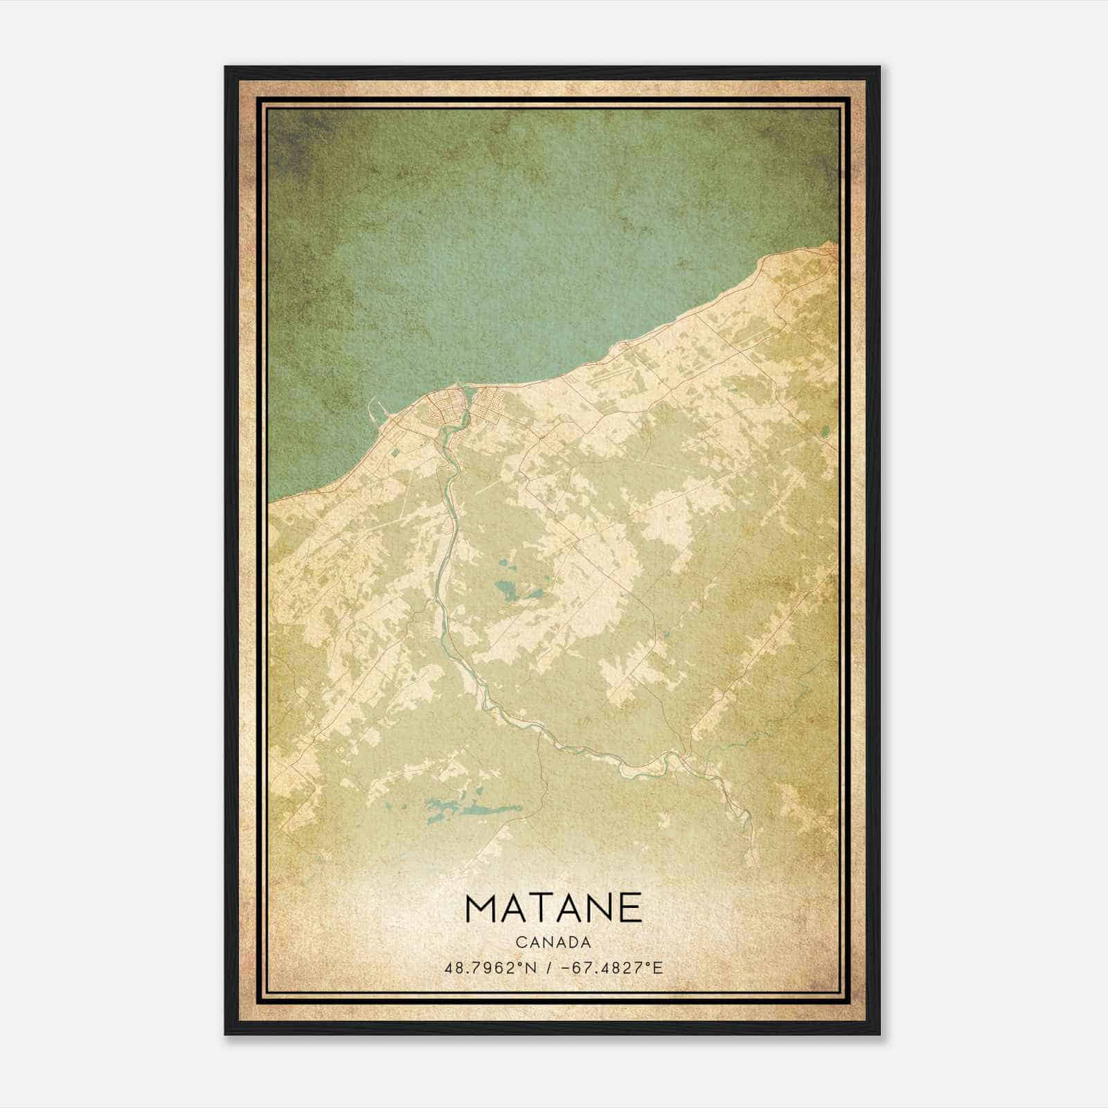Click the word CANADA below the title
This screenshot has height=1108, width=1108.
click(553, 942)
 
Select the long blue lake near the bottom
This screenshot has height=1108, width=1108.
click(471, 810)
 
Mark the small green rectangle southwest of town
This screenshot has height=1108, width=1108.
click(394, 452)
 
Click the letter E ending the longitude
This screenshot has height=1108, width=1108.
click(657, 967)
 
